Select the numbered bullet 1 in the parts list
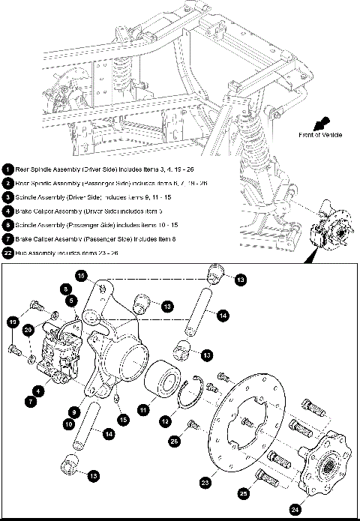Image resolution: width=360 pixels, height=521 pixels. coord(7,169)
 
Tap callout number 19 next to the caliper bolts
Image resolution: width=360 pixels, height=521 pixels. coord(13,322)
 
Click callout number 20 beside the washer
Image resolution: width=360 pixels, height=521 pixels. coord(28,329)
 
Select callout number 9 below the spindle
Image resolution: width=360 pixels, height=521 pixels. coord(73,412)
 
